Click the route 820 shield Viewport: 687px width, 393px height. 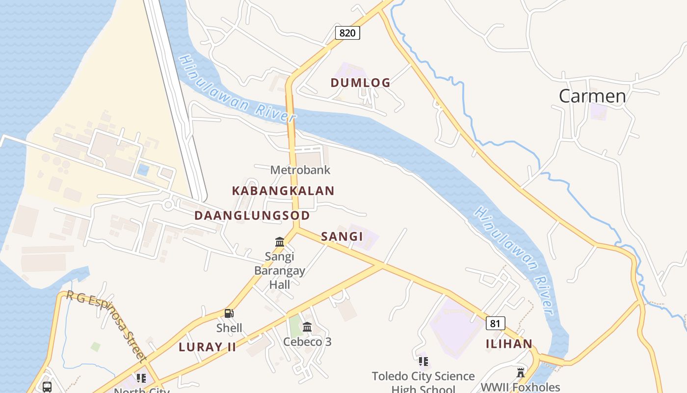(x=347, y=33)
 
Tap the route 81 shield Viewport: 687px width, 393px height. (x=495, y=323)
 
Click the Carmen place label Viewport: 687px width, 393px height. (x=592, y=96)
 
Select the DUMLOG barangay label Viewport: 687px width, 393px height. (x=360, y=83)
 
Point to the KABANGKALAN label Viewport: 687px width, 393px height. (x=283, y=191)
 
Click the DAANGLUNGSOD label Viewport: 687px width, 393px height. (x=252, y=216)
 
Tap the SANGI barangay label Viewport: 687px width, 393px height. (x=342, y=237)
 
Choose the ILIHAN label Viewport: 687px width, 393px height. (x=509, y=344)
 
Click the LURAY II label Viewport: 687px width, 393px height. (x=207, y=347)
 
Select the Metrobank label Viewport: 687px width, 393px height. (x=300, y=170)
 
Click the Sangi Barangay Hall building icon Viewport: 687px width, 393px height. (x=280, y=242)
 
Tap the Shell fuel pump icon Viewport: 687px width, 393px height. (x=229, y=313)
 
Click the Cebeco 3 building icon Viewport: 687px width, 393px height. (x=307, y=327)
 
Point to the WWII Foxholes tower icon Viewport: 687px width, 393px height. (x=521, y=372)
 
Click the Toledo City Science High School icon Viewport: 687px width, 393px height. (x=423, y=362)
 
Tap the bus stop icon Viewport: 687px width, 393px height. (x=47, y=387)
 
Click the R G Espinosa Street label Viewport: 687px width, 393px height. (x=106, y=325)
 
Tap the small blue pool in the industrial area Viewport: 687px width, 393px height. (x=143, y=170)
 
